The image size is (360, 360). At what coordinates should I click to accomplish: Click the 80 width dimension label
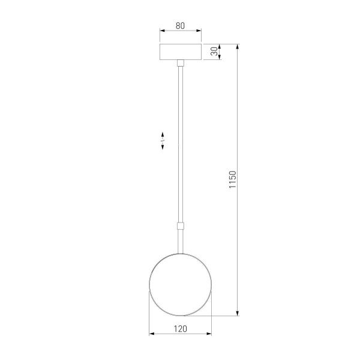pos(180,26)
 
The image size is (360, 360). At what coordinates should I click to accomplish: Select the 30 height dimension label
pos(214,52)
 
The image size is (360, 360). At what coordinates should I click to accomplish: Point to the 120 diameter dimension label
pos(180,328)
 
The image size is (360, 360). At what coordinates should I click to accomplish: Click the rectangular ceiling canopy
pos(180,52)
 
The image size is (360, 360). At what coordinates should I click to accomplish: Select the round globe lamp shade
pos(180,284)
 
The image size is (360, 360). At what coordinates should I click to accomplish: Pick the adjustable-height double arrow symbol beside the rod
pos(163,140)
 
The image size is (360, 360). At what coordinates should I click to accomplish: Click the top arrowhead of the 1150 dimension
pos(238,47)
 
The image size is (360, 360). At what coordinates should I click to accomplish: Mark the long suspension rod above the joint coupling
pos(180,144)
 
